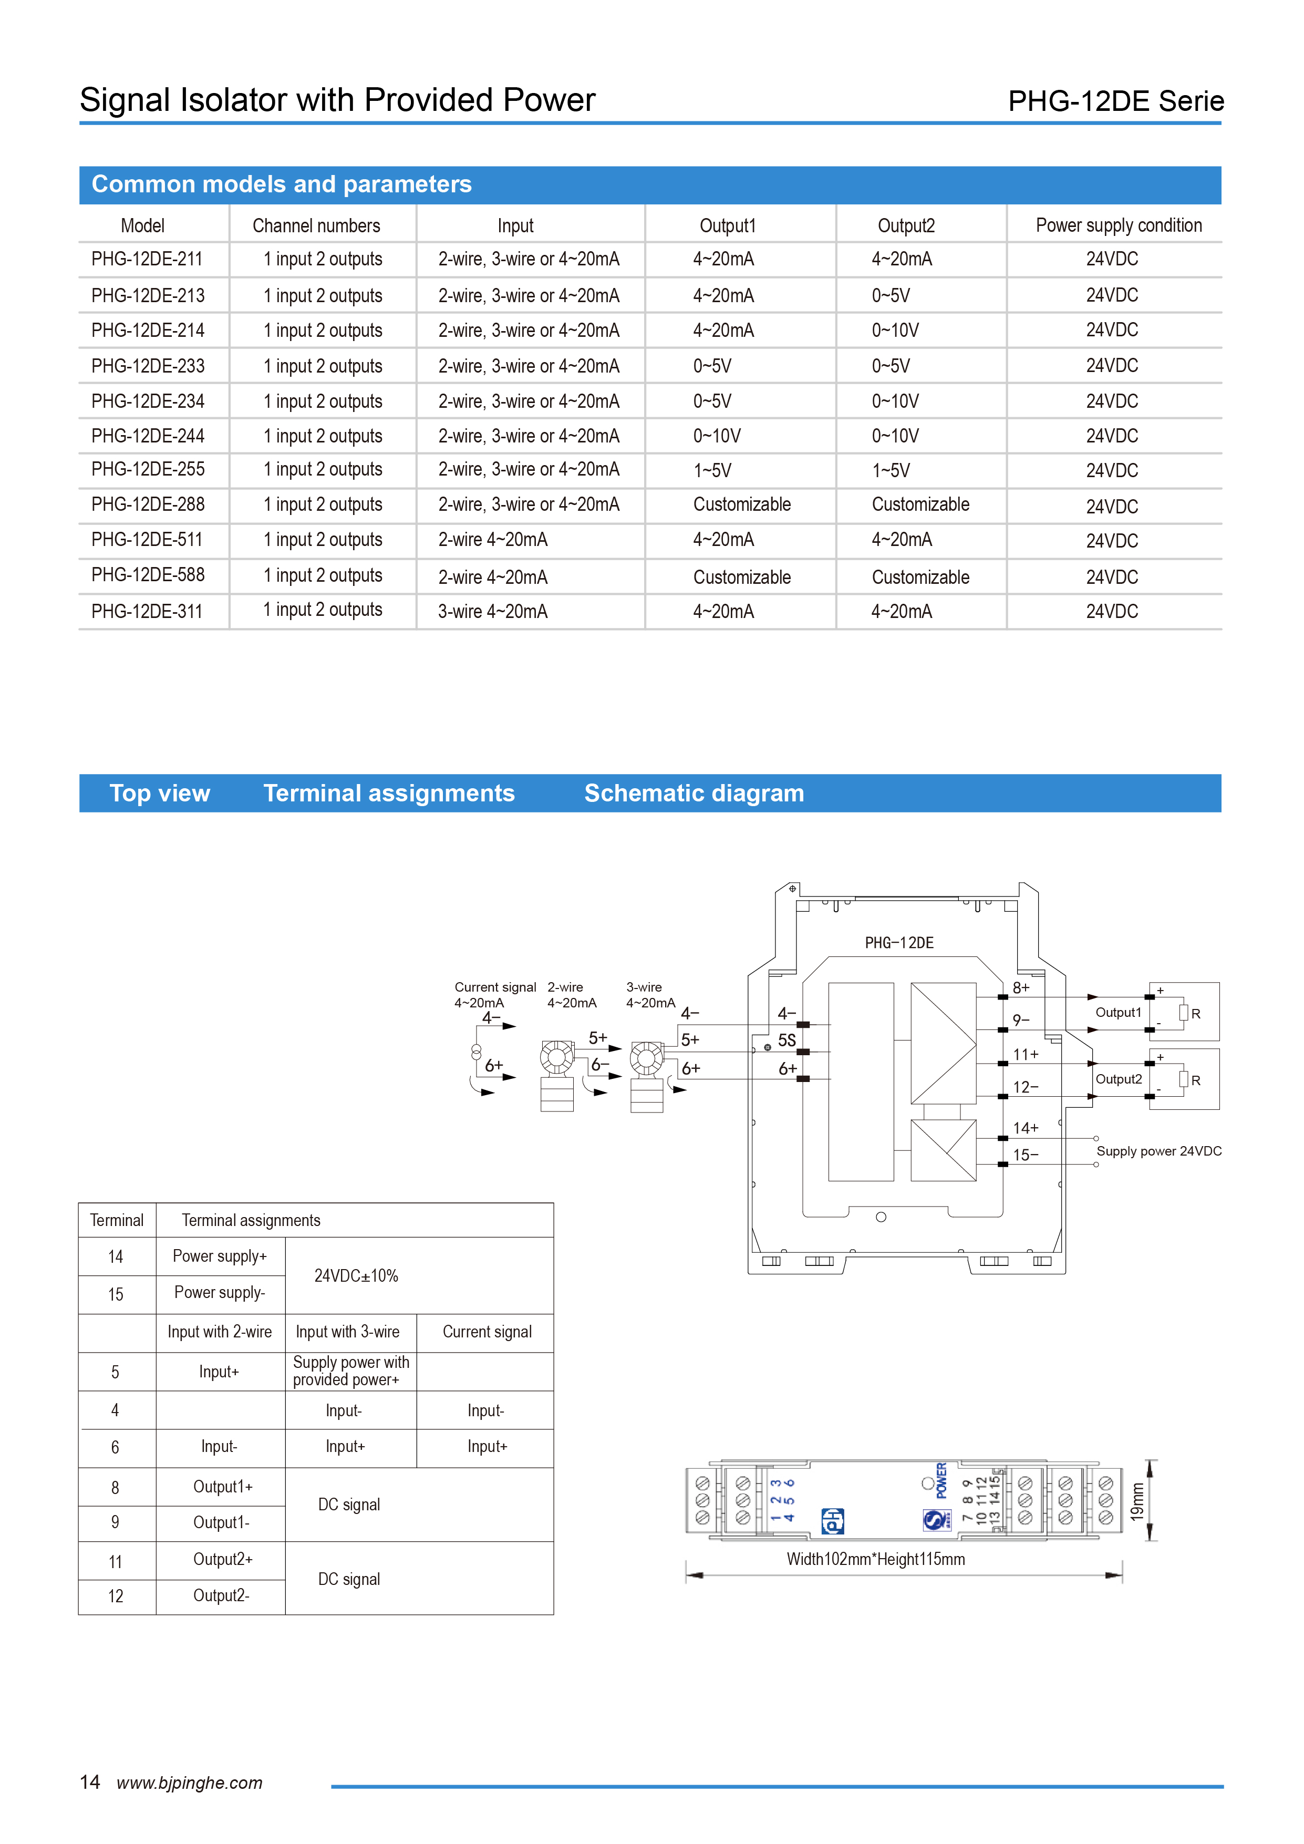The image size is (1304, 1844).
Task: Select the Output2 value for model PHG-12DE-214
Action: click(895, 330)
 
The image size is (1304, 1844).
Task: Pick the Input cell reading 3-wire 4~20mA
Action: click(492, 611)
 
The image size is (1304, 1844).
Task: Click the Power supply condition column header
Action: click(1119, 225)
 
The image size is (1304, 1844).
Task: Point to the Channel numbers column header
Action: click(316, 225)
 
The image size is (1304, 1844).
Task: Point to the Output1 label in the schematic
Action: click(1117, 1013)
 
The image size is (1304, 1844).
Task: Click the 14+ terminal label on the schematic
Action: click(1026, 1128)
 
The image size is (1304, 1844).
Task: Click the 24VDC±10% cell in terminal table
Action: click(356, 1275)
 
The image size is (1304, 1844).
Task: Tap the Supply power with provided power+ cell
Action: click(351, 1371)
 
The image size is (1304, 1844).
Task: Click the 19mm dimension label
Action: click(1136, 1501)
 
